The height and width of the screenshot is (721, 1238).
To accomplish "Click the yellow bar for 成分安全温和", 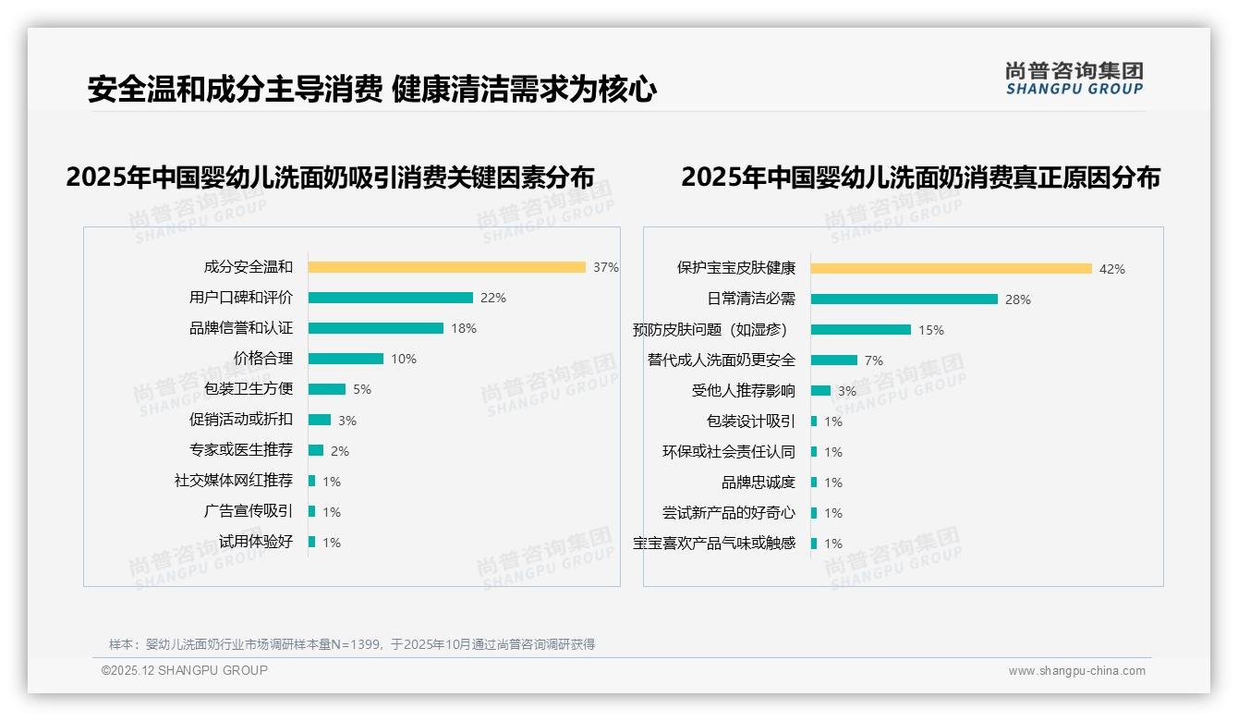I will (x=446, y=267).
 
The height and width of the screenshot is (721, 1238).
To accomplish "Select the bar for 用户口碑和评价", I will (x=390, y=298).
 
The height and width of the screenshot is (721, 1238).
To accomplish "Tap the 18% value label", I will (x=464, y=328).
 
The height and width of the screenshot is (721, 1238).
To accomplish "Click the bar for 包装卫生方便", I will (x=327, y=389).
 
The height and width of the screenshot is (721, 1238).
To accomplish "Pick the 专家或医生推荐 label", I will (x=240, y=450).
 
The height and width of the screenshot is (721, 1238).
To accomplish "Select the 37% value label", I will (x=605, y=267).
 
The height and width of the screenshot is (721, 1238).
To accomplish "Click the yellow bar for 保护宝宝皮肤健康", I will (x=952, y=269).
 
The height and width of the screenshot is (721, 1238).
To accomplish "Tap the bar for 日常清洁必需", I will (x=904, y=299).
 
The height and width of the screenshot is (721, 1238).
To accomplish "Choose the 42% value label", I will (x=1111, y=269).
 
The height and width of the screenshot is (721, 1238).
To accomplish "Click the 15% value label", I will (x=930, y=330).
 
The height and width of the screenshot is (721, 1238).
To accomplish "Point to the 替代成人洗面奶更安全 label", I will (x=721, y=360).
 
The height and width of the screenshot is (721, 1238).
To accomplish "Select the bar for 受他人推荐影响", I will (x=820, y=391).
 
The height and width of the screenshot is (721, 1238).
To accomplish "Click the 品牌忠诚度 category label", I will (x=758, y=483).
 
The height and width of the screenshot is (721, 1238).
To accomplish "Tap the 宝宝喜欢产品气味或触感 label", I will (x=713, y=544).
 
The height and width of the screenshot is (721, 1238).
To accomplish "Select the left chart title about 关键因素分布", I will (x=330, y=177).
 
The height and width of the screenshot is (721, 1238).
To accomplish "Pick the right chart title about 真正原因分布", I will (x=920, y=177).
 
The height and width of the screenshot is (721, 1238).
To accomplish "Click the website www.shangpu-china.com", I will (x=1076, y=671).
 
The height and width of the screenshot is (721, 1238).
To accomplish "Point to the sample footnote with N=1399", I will (x=352, y=644).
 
